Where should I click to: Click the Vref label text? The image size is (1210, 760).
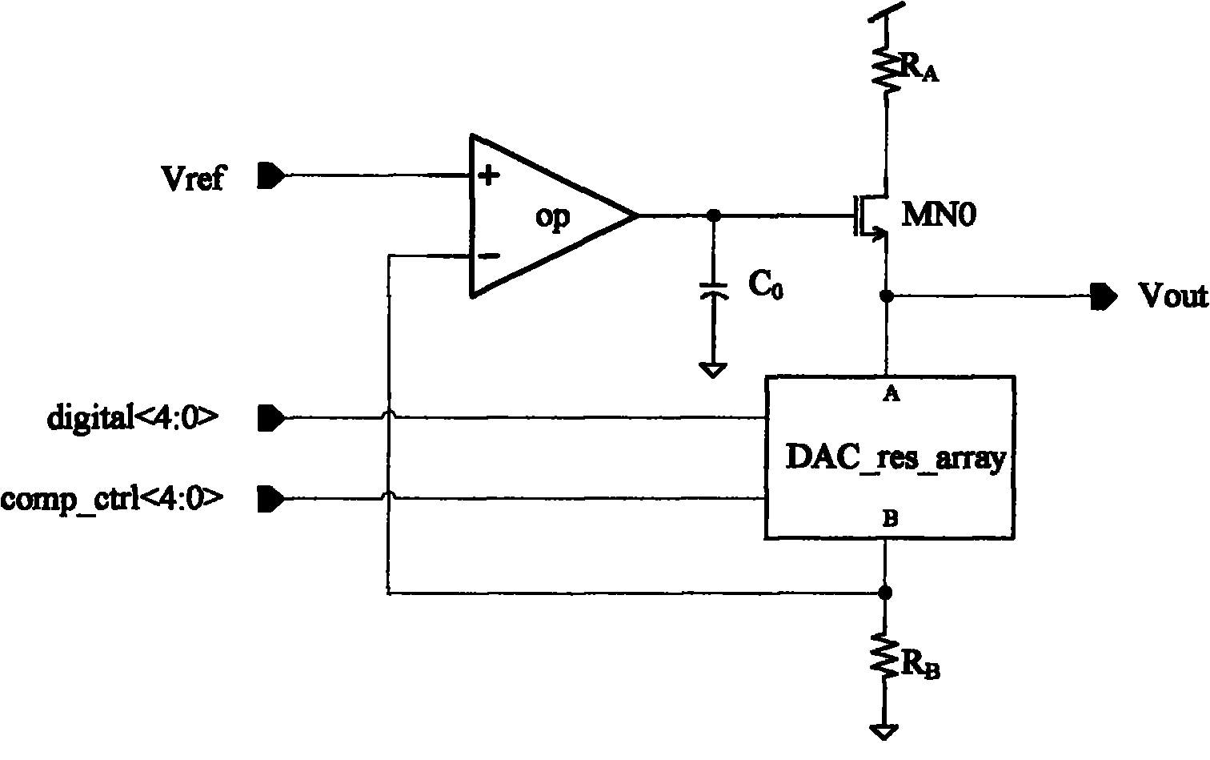(193, 178)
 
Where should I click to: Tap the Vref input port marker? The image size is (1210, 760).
(270, 175)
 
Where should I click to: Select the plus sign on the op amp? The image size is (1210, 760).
(489, 175)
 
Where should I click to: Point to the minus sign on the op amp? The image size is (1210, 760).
(489, 255)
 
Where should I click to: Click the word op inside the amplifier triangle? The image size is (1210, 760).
(552, 218)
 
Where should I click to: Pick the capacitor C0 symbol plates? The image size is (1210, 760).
(714, 290)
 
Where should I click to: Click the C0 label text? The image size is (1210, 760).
(765, 285)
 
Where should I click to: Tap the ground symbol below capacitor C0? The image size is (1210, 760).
(713, 370)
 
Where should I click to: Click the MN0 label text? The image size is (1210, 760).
(939, 215)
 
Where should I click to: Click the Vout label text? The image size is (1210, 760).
(1173, 296)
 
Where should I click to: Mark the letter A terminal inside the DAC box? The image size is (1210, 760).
(891, 395)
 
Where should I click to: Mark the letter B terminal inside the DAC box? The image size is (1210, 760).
(890, 520)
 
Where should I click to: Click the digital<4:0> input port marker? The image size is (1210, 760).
(271, 418)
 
